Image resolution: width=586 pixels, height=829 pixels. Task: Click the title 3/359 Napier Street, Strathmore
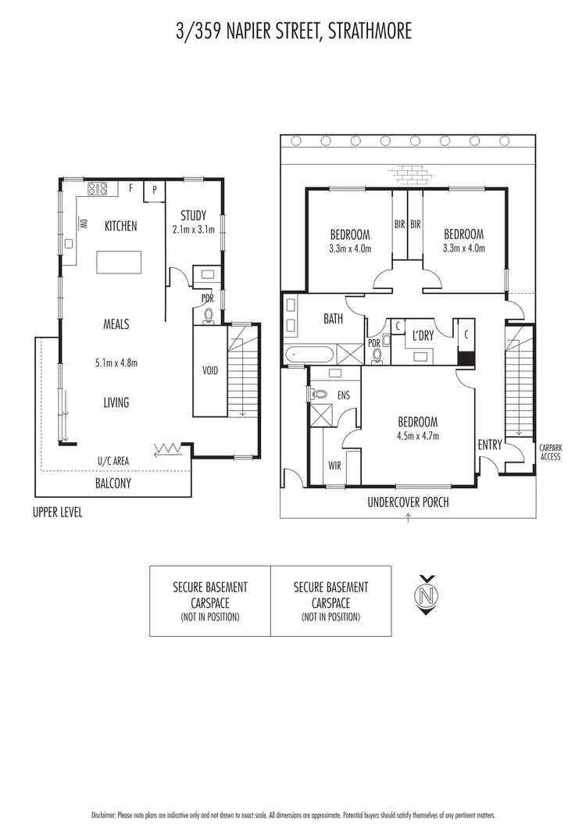293,31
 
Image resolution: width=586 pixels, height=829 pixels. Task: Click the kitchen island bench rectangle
119,262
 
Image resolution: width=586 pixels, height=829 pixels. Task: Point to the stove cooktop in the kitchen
97,188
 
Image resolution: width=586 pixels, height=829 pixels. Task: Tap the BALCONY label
113,483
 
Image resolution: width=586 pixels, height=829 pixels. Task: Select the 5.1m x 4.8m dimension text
116,363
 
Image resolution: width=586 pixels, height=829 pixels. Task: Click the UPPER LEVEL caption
57,513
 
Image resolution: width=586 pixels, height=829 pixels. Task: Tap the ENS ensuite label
343,395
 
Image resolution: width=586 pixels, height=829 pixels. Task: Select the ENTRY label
490,445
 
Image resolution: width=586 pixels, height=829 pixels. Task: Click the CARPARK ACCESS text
550,452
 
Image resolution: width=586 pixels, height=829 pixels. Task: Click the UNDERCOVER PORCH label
408,502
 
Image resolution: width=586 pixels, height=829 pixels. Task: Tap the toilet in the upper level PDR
209,316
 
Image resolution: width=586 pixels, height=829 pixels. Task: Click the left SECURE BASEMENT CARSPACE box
210,601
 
